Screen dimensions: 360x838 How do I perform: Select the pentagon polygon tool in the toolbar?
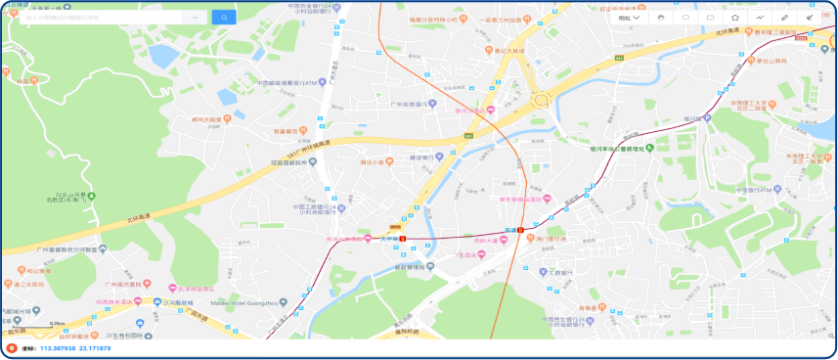[x=735, y=18]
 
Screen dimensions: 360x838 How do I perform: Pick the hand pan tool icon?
[x=661, y=18]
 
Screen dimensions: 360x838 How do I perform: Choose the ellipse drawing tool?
[x=685, y=18]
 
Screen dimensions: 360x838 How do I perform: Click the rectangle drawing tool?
[x=710, y=18]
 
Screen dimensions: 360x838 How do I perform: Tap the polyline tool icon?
[x=760, y=18]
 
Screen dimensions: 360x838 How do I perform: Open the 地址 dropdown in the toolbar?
[x=629, y=18]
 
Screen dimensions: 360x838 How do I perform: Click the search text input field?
[x=108, y=18]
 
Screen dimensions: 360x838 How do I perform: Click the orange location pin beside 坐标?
[x=11, y=348]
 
